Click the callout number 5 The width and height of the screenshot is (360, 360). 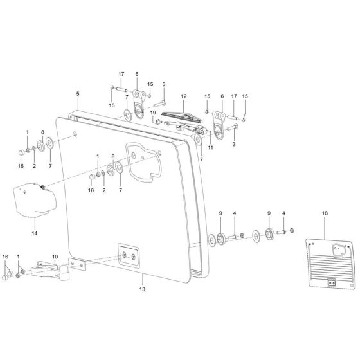(x=78, y=94)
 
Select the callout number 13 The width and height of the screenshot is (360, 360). (x=143, y=289)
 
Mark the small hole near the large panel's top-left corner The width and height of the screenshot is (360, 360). (x=75, y=134)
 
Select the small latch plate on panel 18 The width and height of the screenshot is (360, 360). (x=332, y=281)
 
